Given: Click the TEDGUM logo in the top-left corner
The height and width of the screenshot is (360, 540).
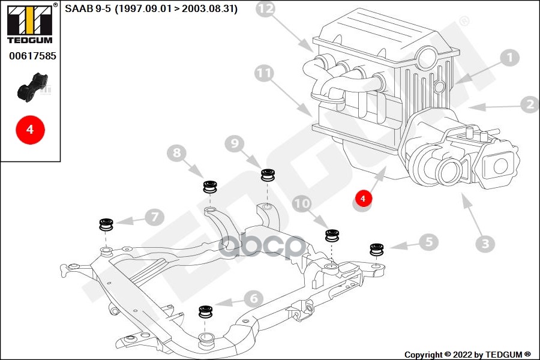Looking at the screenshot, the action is click(29, 23).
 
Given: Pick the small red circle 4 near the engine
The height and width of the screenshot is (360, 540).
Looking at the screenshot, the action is click(362, 197).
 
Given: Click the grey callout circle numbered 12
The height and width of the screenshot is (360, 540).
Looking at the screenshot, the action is click(266, 9).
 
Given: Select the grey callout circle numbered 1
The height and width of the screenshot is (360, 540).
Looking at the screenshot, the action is click(509, 58).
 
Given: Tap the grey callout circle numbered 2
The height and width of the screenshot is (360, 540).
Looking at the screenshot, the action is click(529, 105).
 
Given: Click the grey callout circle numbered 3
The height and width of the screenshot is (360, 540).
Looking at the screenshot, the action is click(485, 244).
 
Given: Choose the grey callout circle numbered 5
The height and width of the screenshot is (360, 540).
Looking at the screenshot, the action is click(428, 242).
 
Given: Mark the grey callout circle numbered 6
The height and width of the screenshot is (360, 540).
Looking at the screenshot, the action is click(253, 298).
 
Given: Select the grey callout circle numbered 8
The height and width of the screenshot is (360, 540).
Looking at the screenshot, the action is click(176, 154).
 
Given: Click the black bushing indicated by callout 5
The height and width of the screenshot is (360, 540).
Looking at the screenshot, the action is click(377, 249).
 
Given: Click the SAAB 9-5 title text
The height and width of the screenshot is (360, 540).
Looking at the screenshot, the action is click(151, 9).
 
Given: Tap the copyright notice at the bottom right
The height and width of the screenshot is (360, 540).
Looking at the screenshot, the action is click(467, 355).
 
